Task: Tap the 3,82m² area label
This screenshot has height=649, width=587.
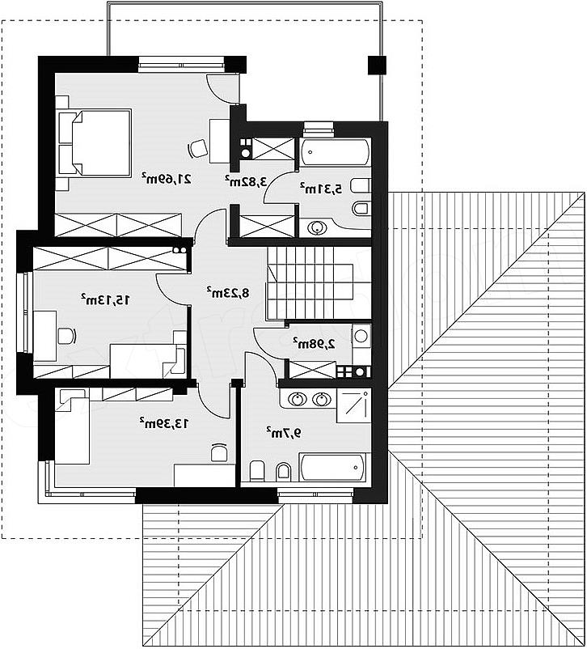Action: pyautogui.click(x=246, y=181)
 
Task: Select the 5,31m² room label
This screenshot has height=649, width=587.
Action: pyautogui.click(x=321, y=189)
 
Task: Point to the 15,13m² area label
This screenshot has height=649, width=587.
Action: pyautogui.click(x=105, y=299)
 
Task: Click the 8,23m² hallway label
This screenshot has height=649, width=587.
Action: pyautogui.click(x=228, y=293)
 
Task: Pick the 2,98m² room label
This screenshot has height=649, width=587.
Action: pyautogui.click(x=315, y=343)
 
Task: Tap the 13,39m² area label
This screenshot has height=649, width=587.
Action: pyautogui.click(x=164, y=423)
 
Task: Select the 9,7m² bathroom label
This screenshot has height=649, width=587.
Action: pyautogui.click(x=284, y=432)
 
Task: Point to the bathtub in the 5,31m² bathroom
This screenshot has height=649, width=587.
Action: pyautogui.click(x=335, y=152)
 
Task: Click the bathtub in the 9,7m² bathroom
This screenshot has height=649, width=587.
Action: pyautogui.click(x=332, y=468)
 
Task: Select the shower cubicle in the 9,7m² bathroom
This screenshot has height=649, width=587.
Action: pyautogui.click(x=353, y=405)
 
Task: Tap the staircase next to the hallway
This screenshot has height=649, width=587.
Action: pyautogui.click(x=319, y=283)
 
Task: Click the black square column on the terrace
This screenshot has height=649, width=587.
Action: pyautogui.click(x=377, y=65)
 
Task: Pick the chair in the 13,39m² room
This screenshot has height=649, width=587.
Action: pyautogui.click(x=219, y=452)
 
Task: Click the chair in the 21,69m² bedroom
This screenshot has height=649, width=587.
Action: pyautogui.click(x=198, y=148)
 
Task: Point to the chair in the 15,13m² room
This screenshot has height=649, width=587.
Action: pyautogui.click(x=66, y=336)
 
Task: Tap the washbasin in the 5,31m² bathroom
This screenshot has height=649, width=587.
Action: pyautogui.click(x=317, y=227)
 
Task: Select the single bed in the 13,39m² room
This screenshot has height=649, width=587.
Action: pyautogui.click(x=73, y=426)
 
